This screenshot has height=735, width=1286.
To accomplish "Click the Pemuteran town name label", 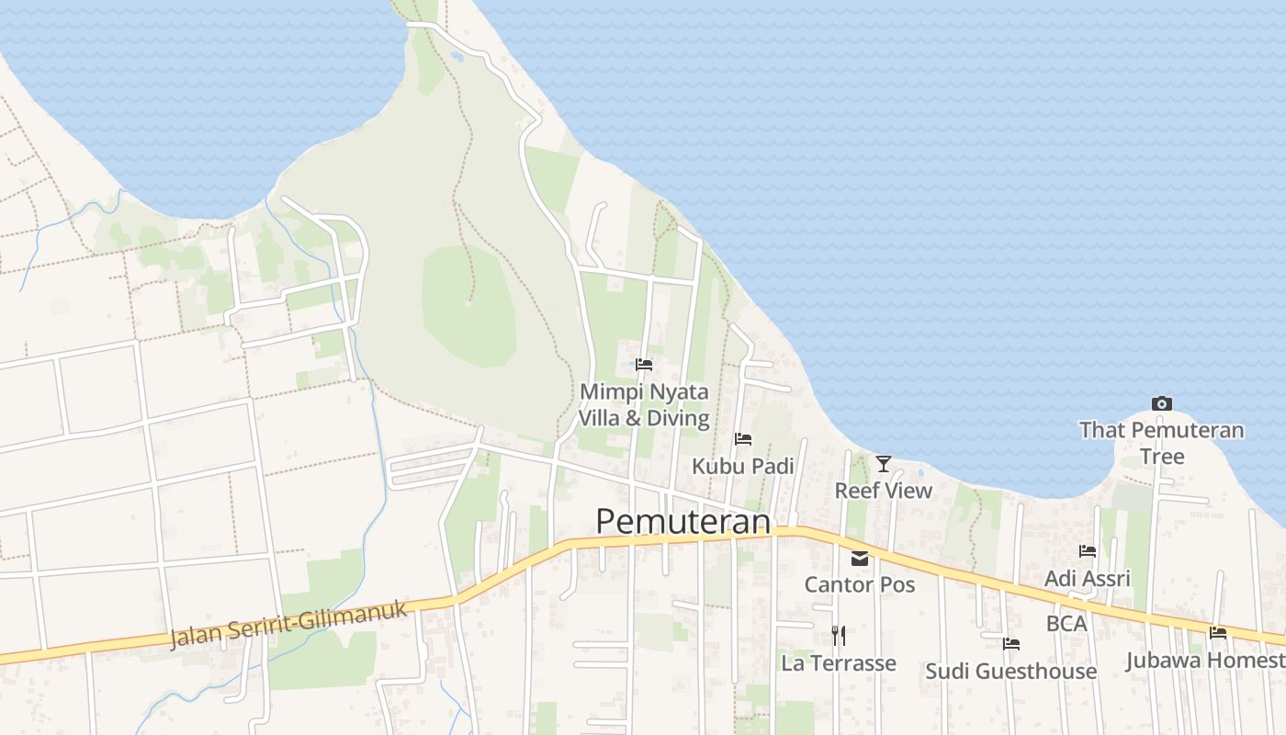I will (682, 521).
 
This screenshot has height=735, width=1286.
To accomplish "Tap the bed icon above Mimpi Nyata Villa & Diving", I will (644, 365).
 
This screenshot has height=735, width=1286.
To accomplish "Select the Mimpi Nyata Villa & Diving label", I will (644, 405).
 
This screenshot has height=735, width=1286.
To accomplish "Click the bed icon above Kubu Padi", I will (743, 439).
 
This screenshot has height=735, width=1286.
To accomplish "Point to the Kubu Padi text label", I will (743, 466).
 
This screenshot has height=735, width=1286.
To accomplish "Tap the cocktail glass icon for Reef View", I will (884, 464).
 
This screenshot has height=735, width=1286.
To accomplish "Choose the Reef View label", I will (884, 491).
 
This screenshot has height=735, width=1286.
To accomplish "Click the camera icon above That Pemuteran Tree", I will (1162, 403).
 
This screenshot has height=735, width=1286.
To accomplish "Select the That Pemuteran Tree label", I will (1162, 443).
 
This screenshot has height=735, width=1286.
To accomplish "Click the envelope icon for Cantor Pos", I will (860, 558).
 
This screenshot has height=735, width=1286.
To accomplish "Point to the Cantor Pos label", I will (860, 584).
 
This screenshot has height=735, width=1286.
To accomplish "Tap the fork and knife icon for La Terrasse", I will (838, 635).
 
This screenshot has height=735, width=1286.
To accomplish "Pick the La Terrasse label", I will (838, 662).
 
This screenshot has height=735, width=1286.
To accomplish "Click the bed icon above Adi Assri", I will (1088, 551).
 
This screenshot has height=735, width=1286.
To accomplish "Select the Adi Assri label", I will (1088, 579).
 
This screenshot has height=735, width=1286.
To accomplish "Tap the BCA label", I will (1066, 623).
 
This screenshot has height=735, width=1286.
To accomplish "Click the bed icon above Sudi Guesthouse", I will (1011, 644).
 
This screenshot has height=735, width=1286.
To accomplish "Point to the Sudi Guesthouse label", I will (1011, 671).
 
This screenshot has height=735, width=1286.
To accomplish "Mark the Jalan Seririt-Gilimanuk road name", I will (288, 625).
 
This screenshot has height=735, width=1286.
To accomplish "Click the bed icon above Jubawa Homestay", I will (1218, 632).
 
